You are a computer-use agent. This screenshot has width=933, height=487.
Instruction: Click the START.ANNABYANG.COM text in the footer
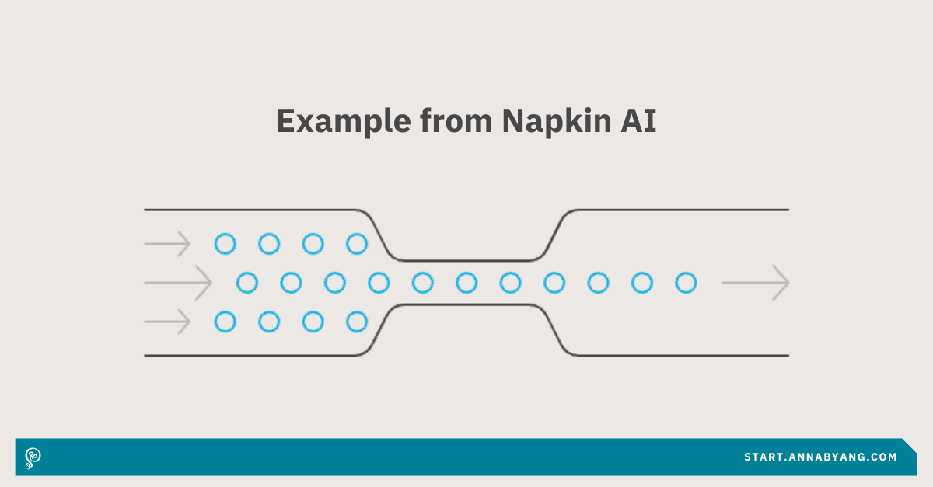[820, 457]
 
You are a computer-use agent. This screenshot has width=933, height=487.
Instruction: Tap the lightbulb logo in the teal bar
[33, 457]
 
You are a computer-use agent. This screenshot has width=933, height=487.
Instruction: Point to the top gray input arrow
[167, 244]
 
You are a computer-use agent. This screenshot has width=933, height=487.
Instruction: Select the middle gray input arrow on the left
[178, 283]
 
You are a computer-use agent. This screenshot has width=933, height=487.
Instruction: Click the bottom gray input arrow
[167, 321]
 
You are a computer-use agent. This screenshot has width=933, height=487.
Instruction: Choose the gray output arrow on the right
[756, 283]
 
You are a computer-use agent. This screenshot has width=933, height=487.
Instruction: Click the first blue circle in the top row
[225, 244]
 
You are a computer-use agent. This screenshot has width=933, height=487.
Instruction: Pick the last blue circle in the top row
[356, 244]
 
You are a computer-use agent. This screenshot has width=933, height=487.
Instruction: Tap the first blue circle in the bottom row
[225, 321]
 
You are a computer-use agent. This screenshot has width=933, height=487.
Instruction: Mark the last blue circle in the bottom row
[356, 321]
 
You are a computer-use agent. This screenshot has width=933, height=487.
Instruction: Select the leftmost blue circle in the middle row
[246, 283]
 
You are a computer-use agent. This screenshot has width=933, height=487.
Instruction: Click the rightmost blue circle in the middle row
[686, 283]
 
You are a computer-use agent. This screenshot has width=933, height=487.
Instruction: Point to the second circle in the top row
[269, 244]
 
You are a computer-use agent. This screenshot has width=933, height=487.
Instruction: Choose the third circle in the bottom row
[313, 321]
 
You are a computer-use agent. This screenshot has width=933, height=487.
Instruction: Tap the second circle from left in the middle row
[291, 283]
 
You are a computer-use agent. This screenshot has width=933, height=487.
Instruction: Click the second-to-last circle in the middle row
[642, 283]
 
